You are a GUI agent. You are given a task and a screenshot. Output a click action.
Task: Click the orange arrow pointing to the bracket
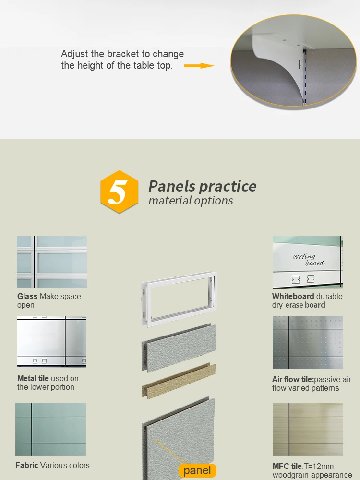pyautogui.click(x=199, y=65)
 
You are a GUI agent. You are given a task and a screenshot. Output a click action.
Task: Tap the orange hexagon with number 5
pyautogui.click(x=120, y=192)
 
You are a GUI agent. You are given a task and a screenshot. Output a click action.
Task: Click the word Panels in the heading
pyautogui.click(x=172, y=186)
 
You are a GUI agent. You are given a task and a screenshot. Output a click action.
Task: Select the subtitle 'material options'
pyautogui.click(x=191, y=201)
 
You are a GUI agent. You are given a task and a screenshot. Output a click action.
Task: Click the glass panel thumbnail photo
pyautogui.click(x=52, y=262)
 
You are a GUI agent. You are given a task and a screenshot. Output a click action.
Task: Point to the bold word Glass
pyautogui.click(x=27, y=296)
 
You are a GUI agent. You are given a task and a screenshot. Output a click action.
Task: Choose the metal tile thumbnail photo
pyautogui.click(x=52, y=342)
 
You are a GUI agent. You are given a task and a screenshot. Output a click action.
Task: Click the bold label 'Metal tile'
pyautogui.click(x=33, y=378)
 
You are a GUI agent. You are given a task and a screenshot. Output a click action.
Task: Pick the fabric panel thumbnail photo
pyautogui.click(x=50, y=429)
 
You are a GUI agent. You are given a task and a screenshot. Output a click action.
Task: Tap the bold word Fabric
pyautogui.click(x=27, y=465)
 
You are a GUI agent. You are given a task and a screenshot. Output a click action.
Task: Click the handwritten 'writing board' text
pyautogui.click(x=309, y=260)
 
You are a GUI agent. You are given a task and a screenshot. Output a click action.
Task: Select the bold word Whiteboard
pyautogui.click(x=293, y=296)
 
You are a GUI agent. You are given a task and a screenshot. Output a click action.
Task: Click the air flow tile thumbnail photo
pyautogui.click(x=308, y=343)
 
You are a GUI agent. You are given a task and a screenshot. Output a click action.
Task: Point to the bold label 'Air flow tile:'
pyautogui.click(x=293, y=379)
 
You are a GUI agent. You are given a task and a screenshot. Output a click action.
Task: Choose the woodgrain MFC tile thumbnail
pyautogui.click(x=308, y=429)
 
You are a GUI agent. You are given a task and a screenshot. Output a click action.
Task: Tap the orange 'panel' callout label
pyautogui.click(x=197, y=470)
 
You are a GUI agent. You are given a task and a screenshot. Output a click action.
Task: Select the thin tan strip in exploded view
pyautogui.click(x=179, y=381)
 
